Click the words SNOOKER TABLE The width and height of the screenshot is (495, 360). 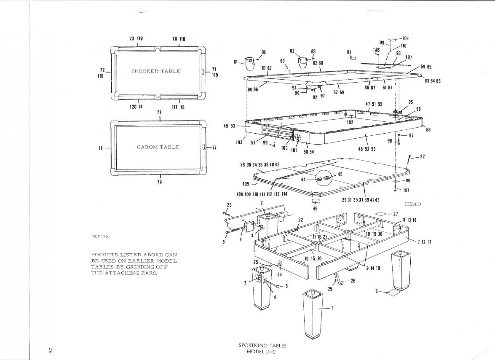pyautogui.click(x=155, y=71)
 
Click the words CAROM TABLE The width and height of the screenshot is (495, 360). pyautogui.click(x=158, y=147)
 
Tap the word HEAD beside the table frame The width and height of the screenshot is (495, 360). pyautogui.click(x=413, y=204)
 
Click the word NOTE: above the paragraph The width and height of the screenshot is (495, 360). pyautogui.click(x=100, y=236)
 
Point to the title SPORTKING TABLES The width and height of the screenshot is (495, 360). pyautogui.click(x=262, y=346)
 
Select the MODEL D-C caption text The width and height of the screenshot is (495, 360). pyautogui.click(x=262, y=352)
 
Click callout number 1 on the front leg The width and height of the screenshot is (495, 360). pyautogui.click(x=333, y=308)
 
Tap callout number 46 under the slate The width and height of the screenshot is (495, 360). pyautogui.click(x=314, y=208)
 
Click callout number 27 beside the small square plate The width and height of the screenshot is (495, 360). pyautogui.click(x=395, y=214)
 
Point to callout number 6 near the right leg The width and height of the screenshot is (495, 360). pyautogui.click(x=377, y=291)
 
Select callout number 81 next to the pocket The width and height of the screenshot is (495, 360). pyautogui.click(x=236, y=62)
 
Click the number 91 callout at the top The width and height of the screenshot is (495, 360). pyautogui.click(x=349, y=52)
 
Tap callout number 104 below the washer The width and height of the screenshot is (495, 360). pyautogui.click(x=406, y=191)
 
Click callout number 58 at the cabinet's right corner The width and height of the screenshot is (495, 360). pyautogui.click(x=428, y=130)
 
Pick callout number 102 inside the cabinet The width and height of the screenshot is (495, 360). pyautogui.click(x=350, y=122)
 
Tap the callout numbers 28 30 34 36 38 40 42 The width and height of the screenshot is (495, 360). pyautogui.click(x=260, y=164)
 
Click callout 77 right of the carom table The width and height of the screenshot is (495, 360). pyautogui.click(x=214, y=148)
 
